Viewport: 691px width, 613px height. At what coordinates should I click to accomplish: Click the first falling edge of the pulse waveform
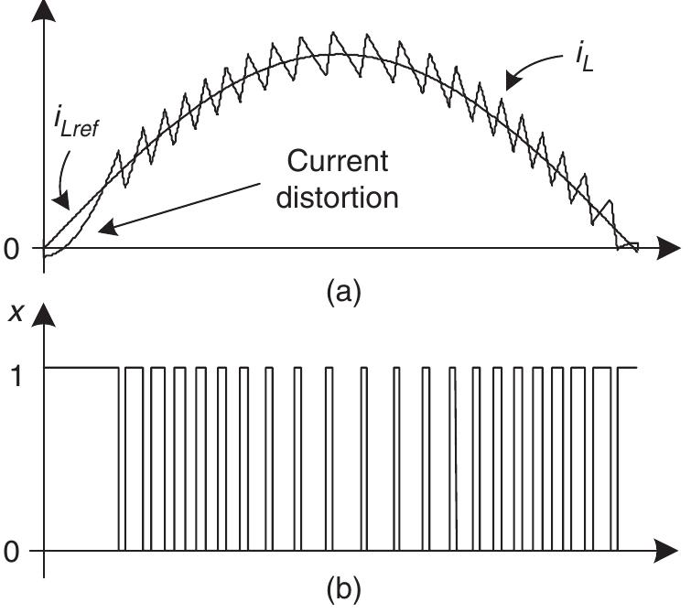point(118,457)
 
